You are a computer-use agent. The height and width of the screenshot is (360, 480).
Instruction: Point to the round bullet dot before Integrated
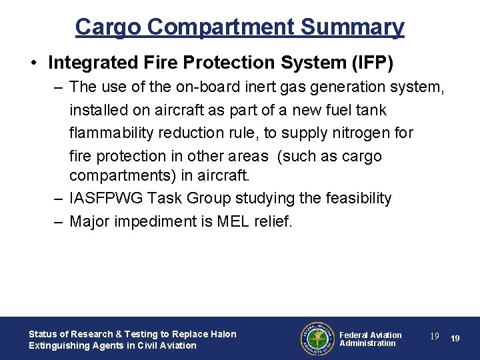[x=33, y=63]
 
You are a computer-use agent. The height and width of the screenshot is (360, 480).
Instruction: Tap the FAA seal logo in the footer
[x=316, y=339]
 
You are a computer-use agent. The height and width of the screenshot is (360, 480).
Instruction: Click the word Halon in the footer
[x=223, y=334]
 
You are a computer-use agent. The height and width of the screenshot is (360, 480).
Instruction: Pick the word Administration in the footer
[x=367, y=343]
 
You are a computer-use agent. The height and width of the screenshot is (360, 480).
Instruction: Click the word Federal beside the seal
[x=355, y=335]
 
